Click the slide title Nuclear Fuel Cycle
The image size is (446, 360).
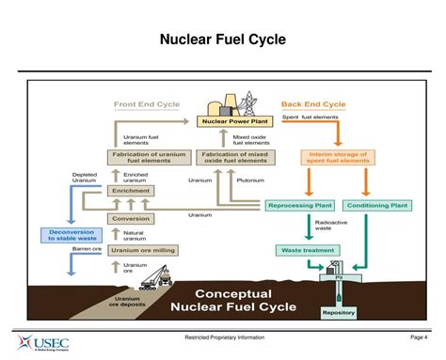click(222, 39)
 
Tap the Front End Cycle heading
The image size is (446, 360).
click(148, 103)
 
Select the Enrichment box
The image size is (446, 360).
click(131, 191)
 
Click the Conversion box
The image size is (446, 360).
click(131, 218)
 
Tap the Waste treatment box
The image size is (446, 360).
click(304, 250)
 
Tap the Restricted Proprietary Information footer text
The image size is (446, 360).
click(223, 337)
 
